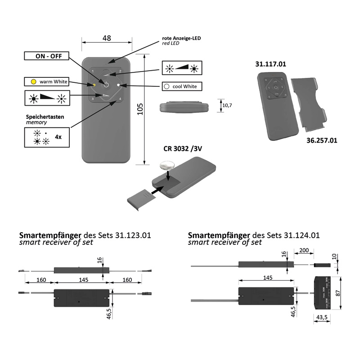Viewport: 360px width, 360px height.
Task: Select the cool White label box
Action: pos(181,86)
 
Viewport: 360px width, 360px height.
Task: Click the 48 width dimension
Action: pos(107,38)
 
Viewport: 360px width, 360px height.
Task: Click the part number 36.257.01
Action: pos(322,140)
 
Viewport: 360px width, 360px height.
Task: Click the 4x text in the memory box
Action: pos(58,136)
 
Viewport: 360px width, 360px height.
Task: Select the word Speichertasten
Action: pos(45,116)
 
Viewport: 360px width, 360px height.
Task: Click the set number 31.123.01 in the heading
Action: pos(133,235)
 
